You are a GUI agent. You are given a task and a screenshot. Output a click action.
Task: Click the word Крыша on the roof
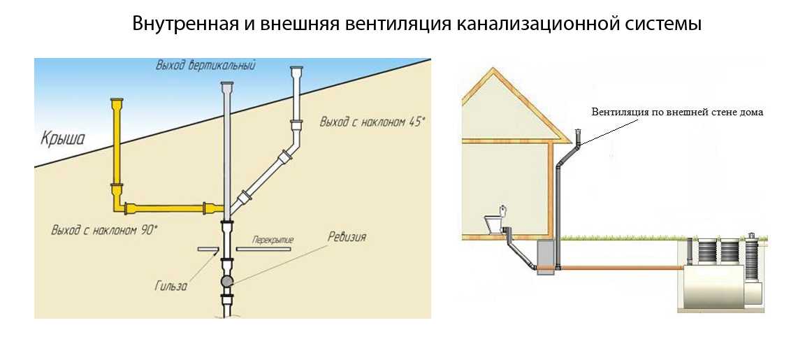tap(63, 139)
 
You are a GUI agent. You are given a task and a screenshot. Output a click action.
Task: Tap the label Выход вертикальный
tap(205, 66)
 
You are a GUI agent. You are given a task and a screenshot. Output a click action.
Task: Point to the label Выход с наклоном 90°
tap(104, 229)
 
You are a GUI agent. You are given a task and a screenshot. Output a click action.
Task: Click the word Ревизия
tap(347, 237)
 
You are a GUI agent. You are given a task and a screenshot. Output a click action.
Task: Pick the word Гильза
tap(171, 286)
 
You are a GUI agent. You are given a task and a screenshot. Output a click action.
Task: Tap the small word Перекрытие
tap(273, 240)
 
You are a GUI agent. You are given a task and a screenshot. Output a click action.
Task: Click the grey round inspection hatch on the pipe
tap(227, 281)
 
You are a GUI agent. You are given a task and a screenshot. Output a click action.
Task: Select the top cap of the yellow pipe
tap(117, 100)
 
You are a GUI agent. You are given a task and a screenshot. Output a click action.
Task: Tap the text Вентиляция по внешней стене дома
tap(677, 112)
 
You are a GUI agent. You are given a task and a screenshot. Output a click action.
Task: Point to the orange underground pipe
tap(621, 268)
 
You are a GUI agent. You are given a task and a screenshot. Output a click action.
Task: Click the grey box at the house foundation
tap(545, 257)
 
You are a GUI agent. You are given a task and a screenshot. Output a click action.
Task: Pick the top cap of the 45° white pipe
tap(297, 69)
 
